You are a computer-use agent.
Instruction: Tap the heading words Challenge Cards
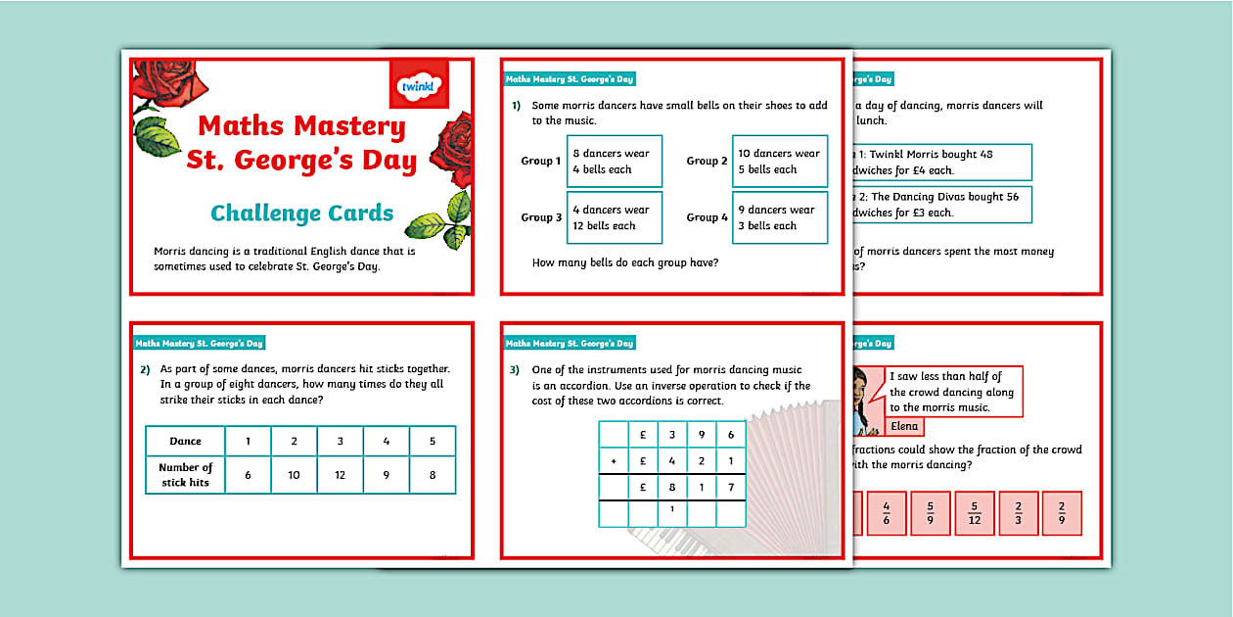point(302,214)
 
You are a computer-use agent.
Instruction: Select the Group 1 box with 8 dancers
point(615,162)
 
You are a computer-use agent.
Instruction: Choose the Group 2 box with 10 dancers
point(780,162)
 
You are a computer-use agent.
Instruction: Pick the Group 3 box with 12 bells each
point(615,217)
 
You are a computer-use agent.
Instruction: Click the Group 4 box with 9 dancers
point(780,217)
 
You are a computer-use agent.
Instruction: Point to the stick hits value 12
point(340,475)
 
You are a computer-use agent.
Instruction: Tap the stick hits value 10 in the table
point(294,475)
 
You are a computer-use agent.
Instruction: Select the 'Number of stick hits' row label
point(186,475)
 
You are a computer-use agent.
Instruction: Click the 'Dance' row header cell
point(186,442)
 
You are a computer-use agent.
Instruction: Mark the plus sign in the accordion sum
point(614,460)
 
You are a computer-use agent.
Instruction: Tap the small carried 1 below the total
point(672,508)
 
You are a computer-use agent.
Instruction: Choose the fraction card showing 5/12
point(974,513)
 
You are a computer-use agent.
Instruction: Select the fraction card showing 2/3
point(1018,513)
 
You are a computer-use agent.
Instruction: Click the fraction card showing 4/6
point(887,513)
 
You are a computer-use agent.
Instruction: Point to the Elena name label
point(905,426)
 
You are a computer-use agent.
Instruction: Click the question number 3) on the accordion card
point(514,370)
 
